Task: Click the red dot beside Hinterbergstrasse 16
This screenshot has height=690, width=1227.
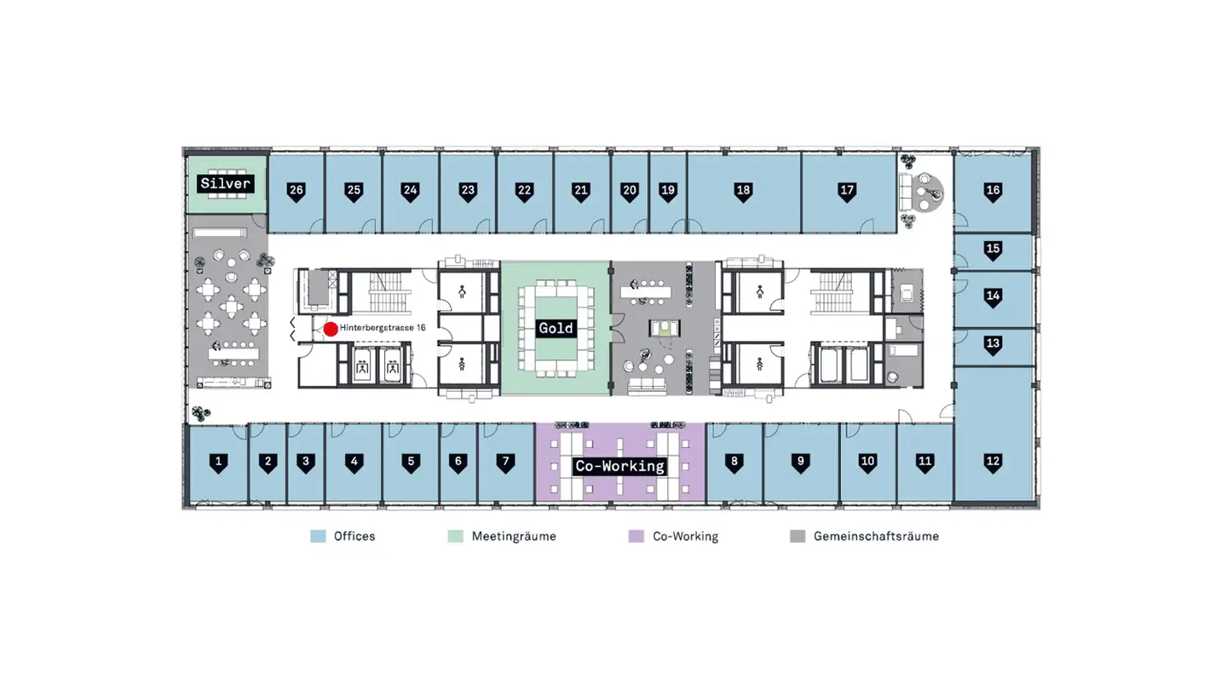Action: pyautogui.click(x=331, y=329)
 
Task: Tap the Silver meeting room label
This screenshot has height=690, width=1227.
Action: pyautogui.click(x=225, y=183)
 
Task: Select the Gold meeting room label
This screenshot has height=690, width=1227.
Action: pyautogui.click(x=556, y=328)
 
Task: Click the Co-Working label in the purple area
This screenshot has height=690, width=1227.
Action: pyautogui.click(x=619, y=466)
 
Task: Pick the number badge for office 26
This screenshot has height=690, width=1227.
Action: pyautogui.click(x=297, y=192)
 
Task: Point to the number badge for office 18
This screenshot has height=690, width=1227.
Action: pyautogui.click(x=743, y=192)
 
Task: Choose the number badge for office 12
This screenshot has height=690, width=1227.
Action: pyautogui.click(x=994, y=463)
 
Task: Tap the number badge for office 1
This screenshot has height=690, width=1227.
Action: pyautogui.click(x=218, y=463)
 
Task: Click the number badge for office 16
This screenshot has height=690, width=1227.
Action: pyautogui.click(x=994, y=192)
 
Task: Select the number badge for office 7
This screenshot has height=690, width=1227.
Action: pyautogui.click(x=505, y=463)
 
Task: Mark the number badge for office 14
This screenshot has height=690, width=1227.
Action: pyautogui.click(x=994, y=297)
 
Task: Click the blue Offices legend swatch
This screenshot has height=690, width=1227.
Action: pyautogui.click(x=318, y=536)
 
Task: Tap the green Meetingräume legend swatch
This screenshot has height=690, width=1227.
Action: pyautogui.click(x=455, y=536)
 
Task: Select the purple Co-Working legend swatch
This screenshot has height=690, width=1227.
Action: pyautogui.click(x=636, y=536)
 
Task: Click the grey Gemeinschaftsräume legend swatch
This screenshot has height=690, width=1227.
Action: pyautogui.click(x=798, y=536)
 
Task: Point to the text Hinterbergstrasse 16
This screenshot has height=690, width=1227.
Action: pyautogui.click(x=383, y=327)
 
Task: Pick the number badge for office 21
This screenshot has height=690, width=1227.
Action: pyautogui.click(x=580, y=192)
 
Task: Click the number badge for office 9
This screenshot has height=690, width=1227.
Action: pyautogui.click(x=800, y=463)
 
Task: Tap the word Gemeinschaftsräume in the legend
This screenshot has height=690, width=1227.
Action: pyautogui.click(x=877, y=536)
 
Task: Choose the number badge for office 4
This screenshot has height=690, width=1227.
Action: pyautogui.click(x=354, y=463)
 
